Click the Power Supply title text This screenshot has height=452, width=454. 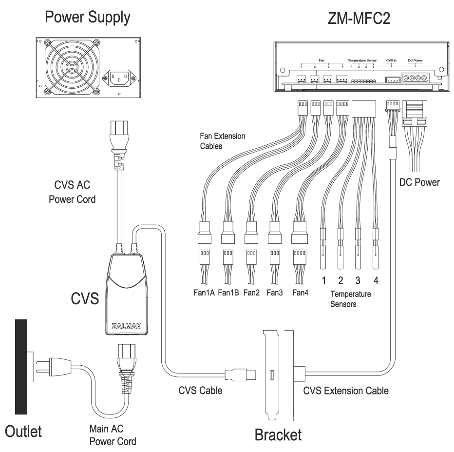[x=88, y=19]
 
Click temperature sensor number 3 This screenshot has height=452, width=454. [x=358, y=280]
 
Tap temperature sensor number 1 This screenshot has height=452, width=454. [x=322, y=280]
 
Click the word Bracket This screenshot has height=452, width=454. [x=278, y=434]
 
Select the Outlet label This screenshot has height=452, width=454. [x=23, y=431]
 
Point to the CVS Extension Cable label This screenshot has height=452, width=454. [x=346, y=391]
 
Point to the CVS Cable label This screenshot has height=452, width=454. [x=200, y=391]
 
